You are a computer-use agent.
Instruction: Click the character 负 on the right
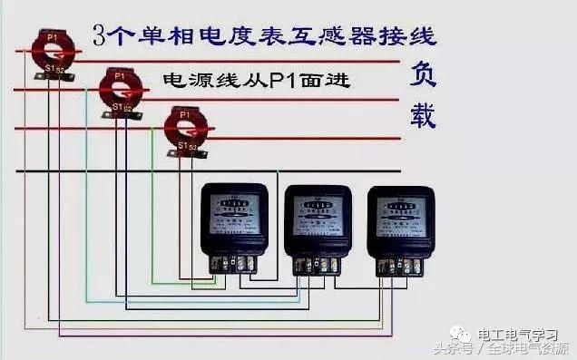pos(423,73)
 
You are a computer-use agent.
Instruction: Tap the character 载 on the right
pos(423,115)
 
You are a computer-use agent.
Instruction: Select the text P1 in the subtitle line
pos(278,81)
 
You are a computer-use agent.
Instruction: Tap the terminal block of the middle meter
pos(318,264)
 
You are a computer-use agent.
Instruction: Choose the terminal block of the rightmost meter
pos(400,264)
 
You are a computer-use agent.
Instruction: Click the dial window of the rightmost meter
pos(400,212)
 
